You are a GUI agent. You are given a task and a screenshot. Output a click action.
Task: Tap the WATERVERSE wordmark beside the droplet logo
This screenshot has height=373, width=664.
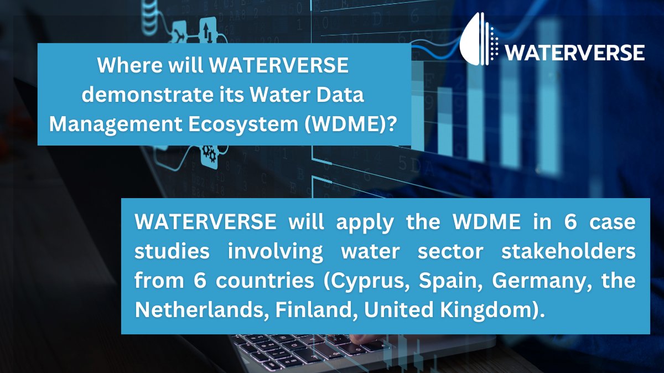tap(575, 53)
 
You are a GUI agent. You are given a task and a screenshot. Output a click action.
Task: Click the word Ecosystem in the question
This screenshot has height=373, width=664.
tap(242, 123)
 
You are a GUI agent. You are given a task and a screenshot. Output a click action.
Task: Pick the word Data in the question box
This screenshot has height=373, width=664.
tap(341, 95)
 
